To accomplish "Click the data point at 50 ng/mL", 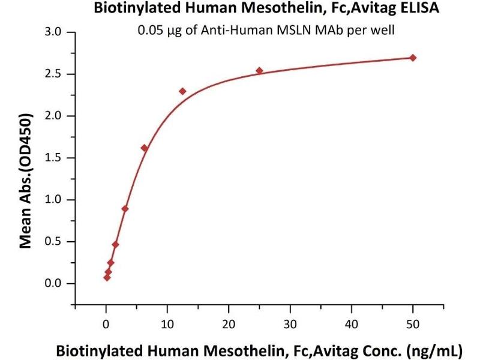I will [x=413, y=58].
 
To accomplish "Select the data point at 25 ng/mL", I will [x=259, y=71].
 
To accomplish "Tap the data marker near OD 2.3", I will [x=182, y=91].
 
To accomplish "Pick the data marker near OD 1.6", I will [x=144, y=148].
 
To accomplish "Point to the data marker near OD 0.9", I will [x=125, y=209].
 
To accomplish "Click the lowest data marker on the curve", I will [x=107, y=277].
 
